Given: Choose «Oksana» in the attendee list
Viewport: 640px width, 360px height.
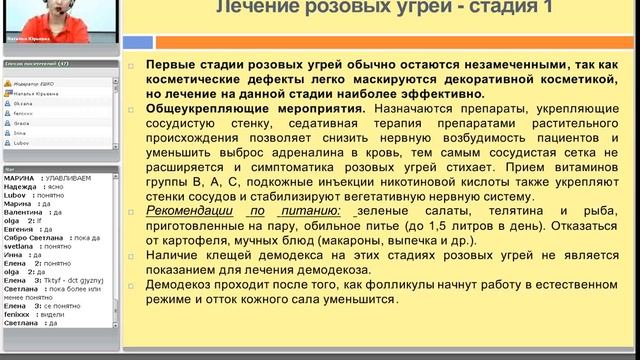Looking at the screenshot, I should (26, 102).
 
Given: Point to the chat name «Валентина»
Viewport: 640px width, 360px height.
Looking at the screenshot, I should (23, 213).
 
